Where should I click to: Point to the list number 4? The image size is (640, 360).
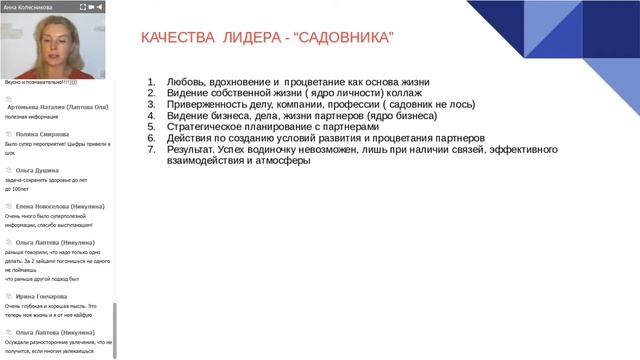(x=150, y=115)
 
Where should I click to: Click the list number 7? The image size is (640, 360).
(x=150, y=149)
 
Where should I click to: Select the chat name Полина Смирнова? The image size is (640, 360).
(x=43, y=133)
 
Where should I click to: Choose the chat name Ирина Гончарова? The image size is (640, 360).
(x=44, y=296)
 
